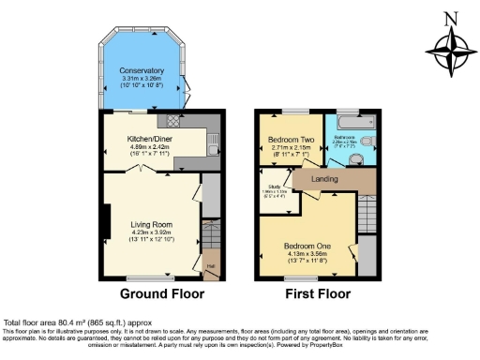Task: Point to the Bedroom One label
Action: coord(305,245)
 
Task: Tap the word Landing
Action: coord(324,178)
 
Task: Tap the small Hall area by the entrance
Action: coord(210,265)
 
